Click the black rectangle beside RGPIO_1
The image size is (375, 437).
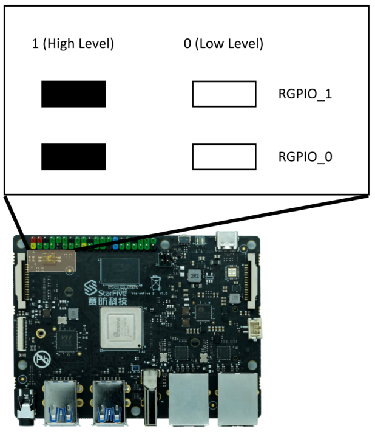click(73, 94)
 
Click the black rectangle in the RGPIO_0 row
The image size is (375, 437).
click(73, 157)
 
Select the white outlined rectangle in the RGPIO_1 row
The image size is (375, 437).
click(224, 94)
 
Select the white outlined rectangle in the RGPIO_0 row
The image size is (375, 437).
click(224, 157)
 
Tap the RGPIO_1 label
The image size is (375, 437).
click(305, 94)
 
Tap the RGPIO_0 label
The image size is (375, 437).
click(305, 157)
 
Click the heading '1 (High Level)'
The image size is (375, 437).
click(73, 44)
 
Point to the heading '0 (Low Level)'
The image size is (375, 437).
click(223, 44)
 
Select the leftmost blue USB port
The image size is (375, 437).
click(62, 402)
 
